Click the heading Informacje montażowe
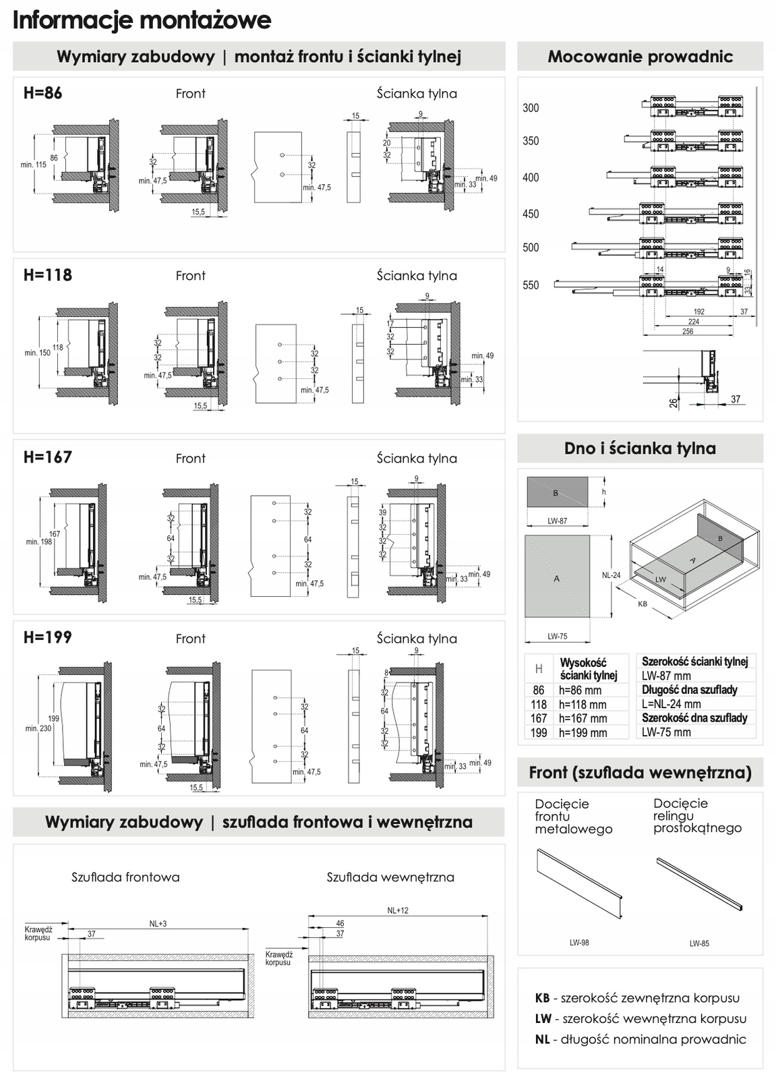142,20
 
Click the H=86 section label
42,93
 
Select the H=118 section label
47,275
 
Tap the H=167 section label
47,457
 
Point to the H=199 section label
47,637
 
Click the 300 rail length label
531,108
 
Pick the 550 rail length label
531,285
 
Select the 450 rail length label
531,214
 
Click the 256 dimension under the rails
687,331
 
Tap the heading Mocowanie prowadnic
640,57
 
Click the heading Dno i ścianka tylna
640,448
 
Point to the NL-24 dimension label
611,576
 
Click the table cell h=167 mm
583,719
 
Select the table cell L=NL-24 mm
671,704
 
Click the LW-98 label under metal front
579,943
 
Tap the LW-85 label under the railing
699,943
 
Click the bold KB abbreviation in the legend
542,998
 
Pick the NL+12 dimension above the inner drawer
398,910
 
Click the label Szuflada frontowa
125,877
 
